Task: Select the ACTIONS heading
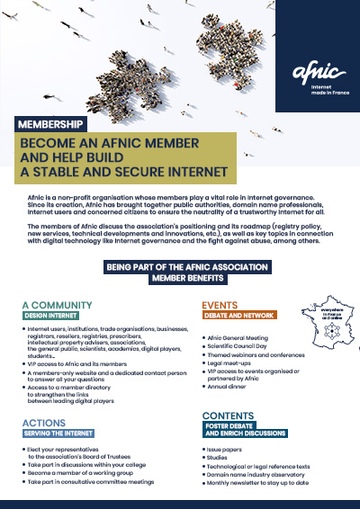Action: [43, 422]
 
